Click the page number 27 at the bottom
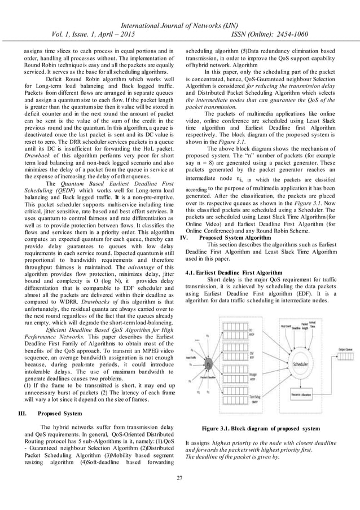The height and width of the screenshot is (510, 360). tap(179, 479)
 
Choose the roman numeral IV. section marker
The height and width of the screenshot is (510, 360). tap(183, 238)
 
